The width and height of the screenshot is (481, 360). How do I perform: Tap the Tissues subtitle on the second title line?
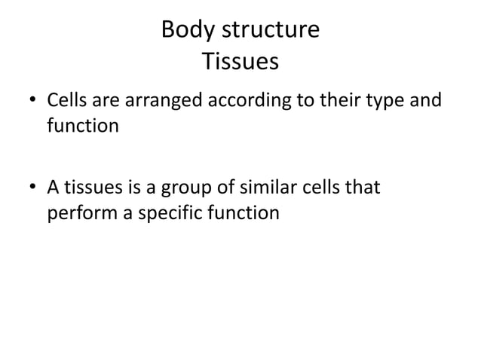240,62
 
